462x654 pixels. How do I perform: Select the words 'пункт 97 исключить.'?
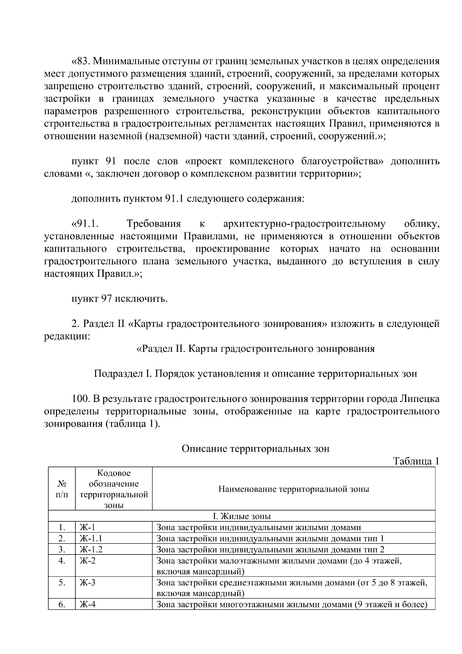point(120,299)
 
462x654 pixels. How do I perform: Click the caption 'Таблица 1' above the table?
point(415,461)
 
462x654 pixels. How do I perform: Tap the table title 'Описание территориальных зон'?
point(255,449)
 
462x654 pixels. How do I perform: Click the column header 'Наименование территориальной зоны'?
point(294,489)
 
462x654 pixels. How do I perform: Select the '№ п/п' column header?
point(62,489)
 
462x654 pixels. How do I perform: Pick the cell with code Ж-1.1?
point(91,539)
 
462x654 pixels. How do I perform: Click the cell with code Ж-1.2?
point(91,550)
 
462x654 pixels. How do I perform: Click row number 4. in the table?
point(62,561)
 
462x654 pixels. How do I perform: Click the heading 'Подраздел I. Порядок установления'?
point(255,374)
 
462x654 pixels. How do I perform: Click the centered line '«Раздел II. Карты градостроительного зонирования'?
point(255,349)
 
